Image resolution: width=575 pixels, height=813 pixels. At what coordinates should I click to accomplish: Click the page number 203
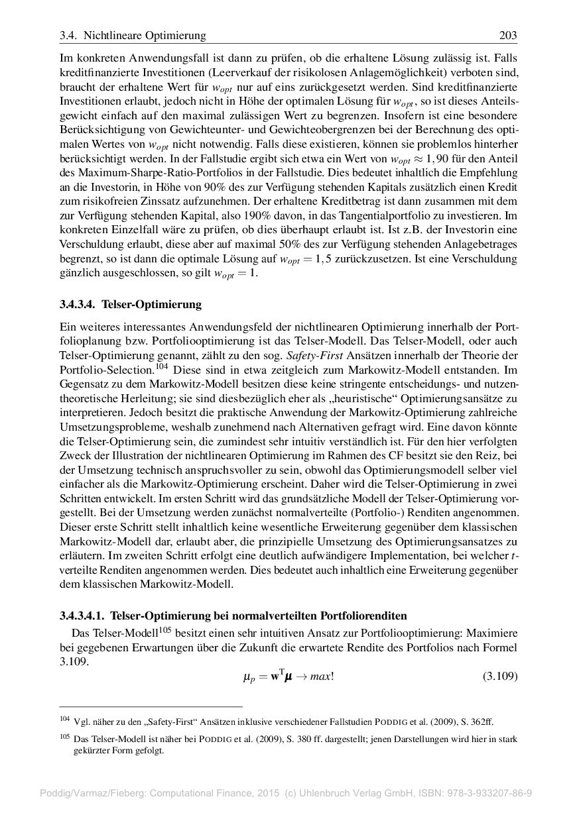coord(507,35)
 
